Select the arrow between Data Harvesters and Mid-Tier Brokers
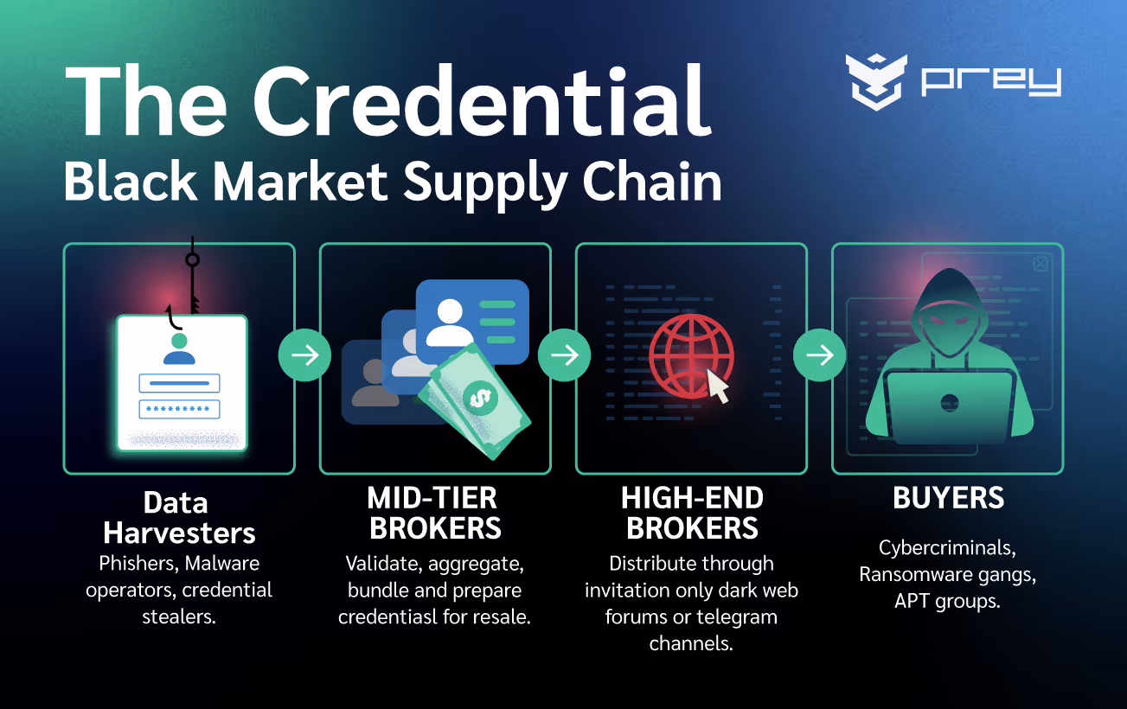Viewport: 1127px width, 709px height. click(304, 354)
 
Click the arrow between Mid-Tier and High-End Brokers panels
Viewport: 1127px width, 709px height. click(564, 354)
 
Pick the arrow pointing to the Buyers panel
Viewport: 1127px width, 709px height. click(819, 354)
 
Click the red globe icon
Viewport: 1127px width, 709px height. click(690, 355)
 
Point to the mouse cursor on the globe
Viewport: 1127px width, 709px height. click(718, 386)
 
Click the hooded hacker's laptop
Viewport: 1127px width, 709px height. click(949, 405)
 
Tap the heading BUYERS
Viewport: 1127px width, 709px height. click(948, 498)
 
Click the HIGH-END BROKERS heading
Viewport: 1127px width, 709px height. click(692, 513)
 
